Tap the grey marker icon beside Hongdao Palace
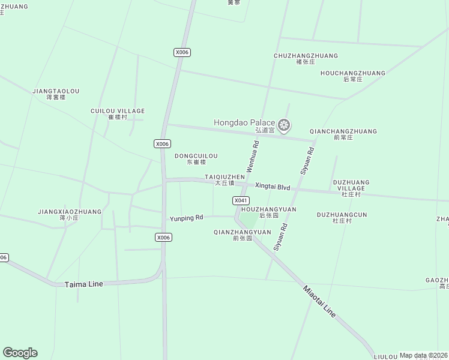click(x=285, y=125)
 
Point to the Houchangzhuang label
click(x=352, y=73)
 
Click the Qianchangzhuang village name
click(x=343, y=131)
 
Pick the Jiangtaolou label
click(x=56, y=91)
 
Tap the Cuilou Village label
click(x=118, y=111)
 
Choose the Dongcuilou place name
click(x=196, y=156)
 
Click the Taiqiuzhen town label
click(x=224, y=177)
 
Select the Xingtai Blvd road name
click(x=273, y=187)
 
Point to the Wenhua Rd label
click(x=252, y=157)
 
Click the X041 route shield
click(x=240, y=200)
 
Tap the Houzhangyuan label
click(x=268, y=209)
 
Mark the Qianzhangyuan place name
click(x=242, y=232)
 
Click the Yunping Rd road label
click(x=187, y=218)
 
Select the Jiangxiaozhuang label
click(x=70, y=212)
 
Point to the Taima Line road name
click(x=83, y=284)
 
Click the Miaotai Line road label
click(x=319, y=301)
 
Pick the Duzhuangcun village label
click(x=342, y=215)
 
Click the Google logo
click(x=20, y=353)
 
